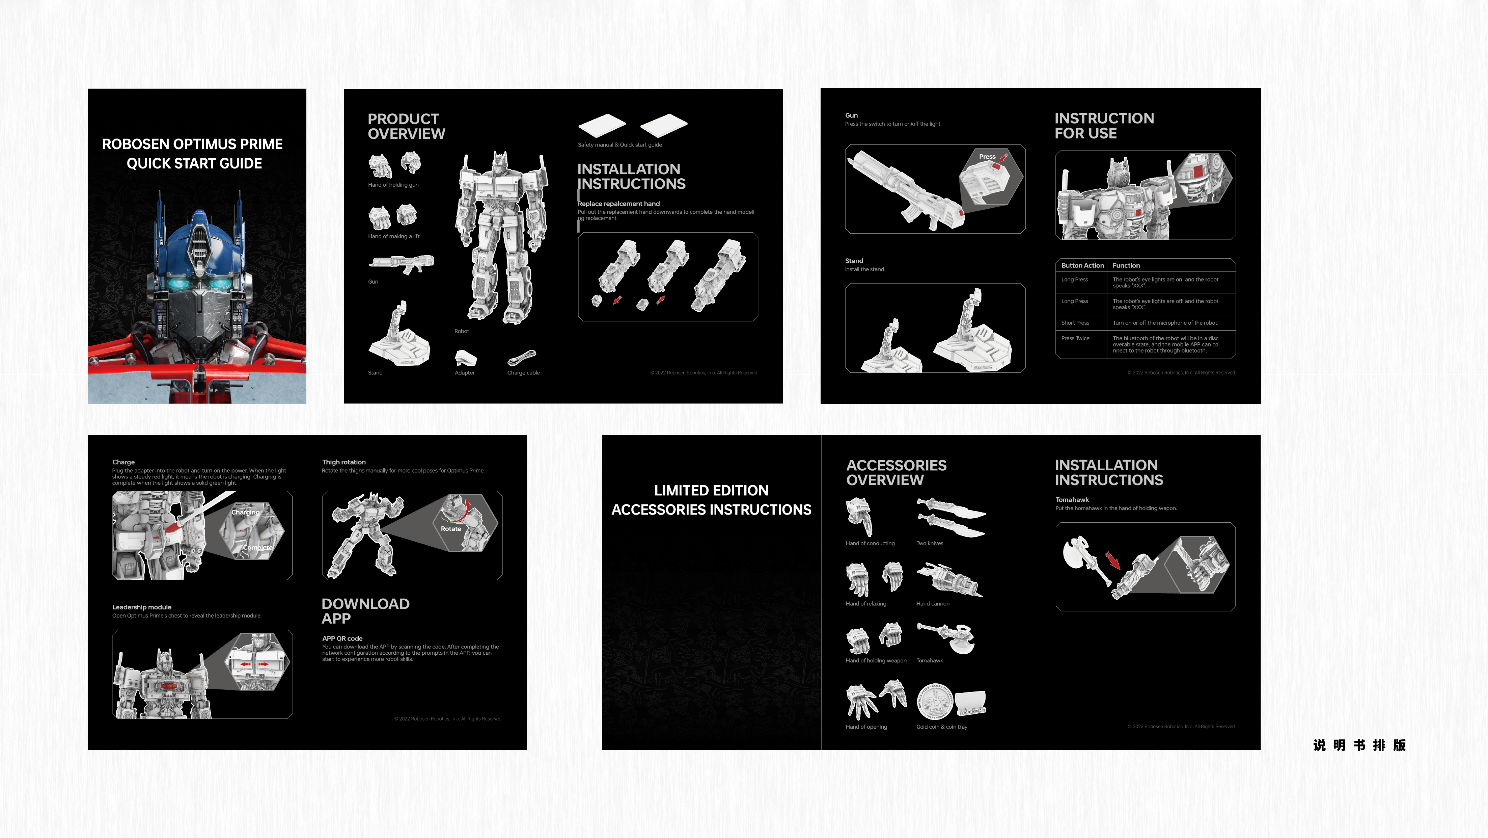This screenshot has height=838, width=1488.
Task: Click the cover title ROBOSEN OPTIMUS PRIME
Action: coord(192,144)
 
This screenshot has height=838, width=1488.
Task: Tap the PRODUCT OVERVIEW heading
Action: coord(406,126)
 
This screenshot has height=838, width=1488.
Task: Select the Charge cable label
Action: coord(523,373)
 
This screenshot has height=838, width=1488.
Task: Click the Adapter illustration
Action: coord(466,358)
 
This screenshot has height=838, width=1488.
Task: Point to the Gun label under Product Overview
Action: coord(373,282)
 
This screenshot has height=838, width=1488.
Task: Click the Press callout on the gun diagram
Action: coord(987,157)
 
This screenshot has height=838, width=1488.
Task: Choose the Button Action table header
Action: coord(1082,266)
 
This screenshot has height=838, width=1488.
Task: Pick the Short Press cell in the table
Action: coord(1075,323)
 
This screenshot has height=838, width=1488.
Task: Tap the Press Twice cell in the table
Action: coord(1075,339)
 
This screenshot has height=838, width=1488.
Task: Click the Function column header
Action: coord(1126,266)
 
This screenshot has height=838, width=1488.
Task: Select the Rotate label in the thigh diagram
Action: coord(450,529)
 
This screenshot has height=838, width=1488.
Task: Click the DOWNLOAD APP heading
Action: coord(365,611)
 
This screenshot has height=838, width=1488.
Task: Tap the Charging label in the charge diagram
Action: coord(246,513)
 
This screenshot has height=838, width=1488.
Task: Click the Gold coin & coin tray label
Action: coord(941,727)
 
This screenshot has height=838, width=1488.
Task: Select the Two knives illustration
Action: coord(950,517)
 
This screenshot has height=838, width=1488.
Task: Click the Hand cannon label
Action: coord(932,604)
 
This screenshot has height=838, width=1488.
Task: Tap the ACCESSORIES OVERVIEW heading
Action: coord(896,473)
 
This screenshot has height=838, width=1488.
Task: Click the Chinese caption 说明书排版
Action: coord(1359,745)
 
